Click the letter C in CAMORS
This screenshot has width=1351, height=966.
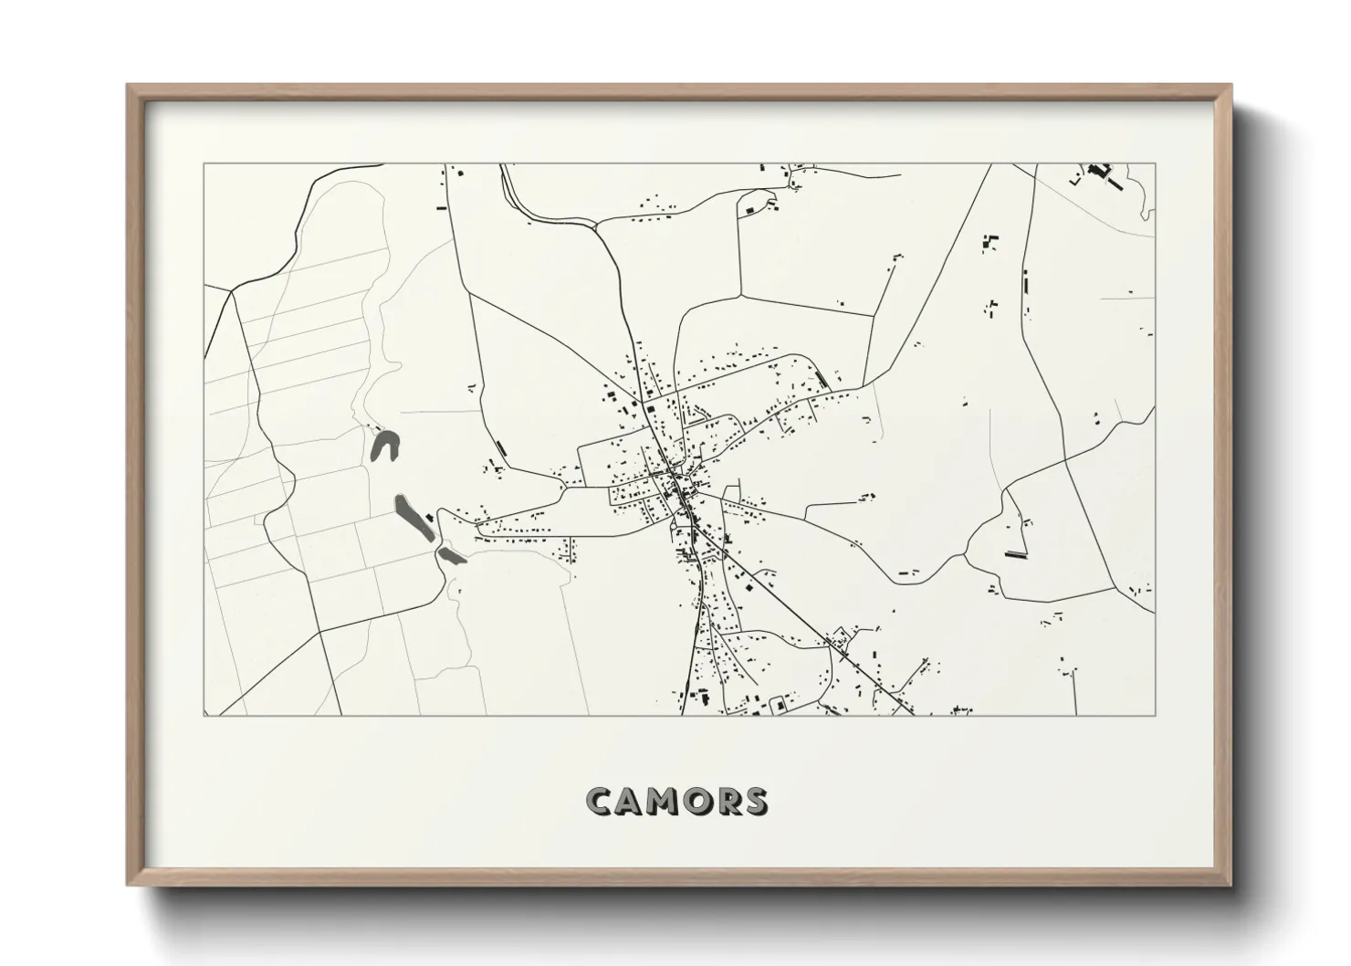pyautogui.click(x=602, y=801)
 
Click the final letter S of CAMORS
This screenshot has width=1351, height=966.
pyautogui.click(x=756, y=801)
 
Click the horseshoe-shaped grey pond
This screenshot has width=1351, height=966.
pyautogui.click(x=386, y=446)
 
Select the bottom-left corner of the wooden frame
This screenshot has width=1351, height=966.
pyautogui.click(x=128, y=885)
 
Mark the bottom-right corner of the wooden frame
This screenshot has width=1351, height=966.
pyautogui.click(x=1231, y=885)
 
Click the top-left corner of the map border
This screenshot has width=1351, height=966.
pyautogui.click(x=204, y=164)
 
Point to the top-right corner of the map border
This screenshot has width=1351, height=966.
pyautogui.click(x=1155, y=164)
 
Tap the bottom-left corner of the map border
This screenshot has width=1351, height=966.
pyautogui.click(x=204, y=715)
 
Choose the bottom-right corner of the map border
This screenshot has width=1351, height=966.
pyautogui.click(x=1155, y=715)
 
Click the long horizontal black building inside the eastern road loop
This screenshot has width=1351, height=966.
pyautogui.click(x=1015, y=553)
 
